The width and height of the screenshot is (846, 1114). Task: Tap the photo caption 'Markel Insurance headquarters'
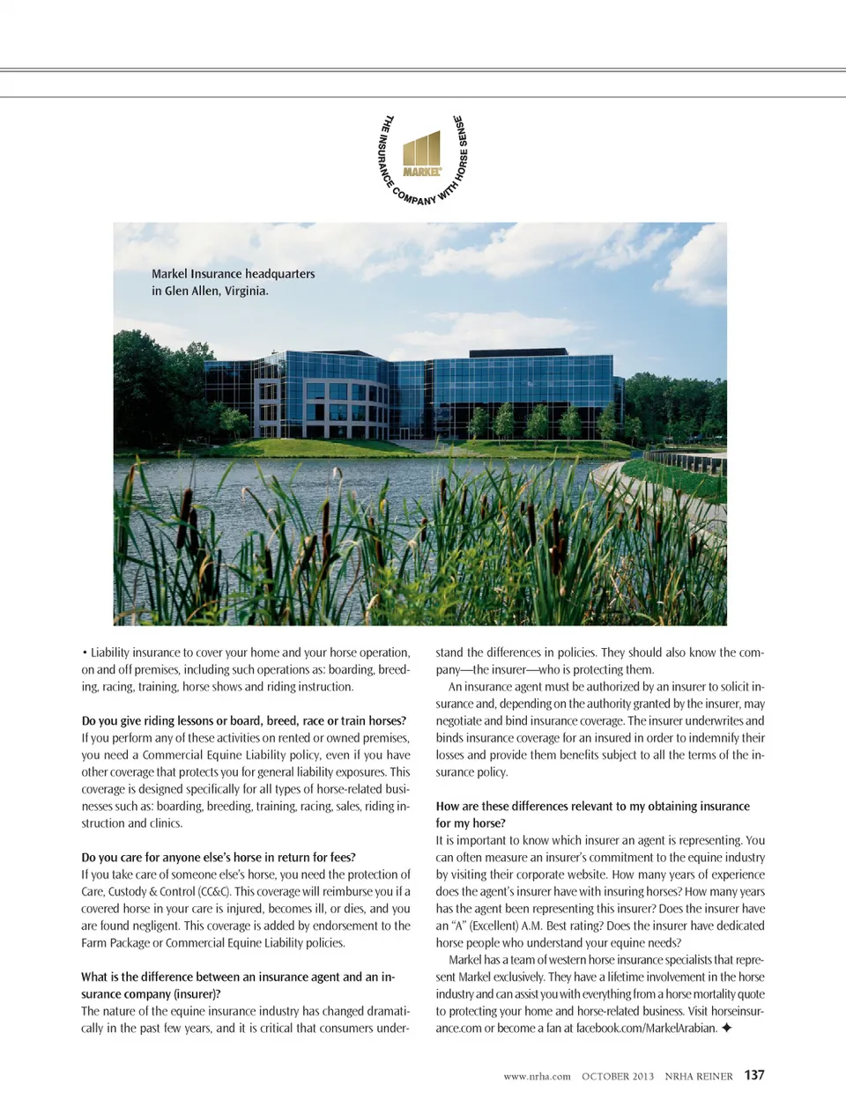tap(233, 274)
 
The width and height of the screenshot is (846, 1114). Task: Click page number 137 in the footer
tap(754, 1075)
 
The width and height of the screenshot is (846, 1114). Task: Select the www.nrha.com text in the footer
tap(537, 1076)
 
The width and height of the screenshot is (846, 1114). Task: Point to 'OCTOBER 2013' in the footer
tap(618, 1076)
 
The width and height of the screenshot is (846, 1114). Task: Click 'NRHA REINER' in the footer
tap(699, 1076)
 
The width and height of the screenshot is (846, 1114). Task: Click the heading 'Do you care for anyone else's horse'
tap(219, 858)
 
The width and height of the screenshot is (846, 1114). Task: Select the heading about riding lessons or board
tap(243, 720)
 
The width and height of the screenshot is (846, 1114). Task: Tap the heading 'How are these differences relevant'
tap(592, 806)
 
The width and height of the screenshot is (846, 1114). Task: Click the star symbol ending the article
tap(726, 1028)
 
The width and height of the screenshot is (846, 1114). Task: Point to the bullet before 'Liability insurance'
tap(85, 653)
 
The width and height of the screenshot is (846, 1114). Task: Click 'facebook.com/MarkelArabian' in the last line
tap(646, 1029)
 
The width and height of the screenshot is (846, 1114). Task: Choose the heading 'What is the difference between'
tap(238, 977)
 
